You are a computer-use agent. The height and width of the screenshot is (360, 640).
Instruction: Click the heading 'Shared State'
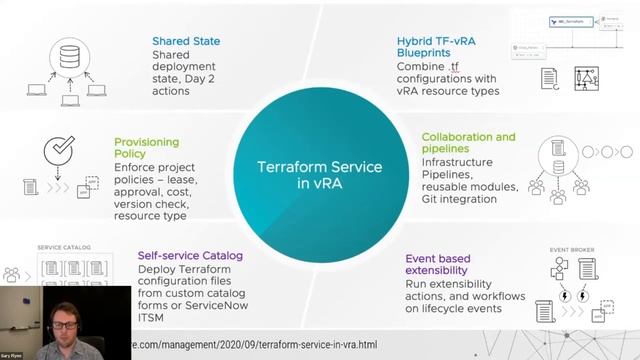pos(186,41)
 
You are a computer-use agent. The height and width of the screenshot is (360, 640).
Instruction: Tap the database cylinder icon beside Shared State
pos(68,56)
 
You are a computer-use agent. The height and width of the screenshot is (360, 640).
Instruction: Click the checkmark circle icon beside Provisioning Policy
pos(59,151)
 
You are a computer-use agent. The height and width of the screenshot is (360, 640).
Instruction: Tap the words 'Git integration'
pos(459,199)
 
